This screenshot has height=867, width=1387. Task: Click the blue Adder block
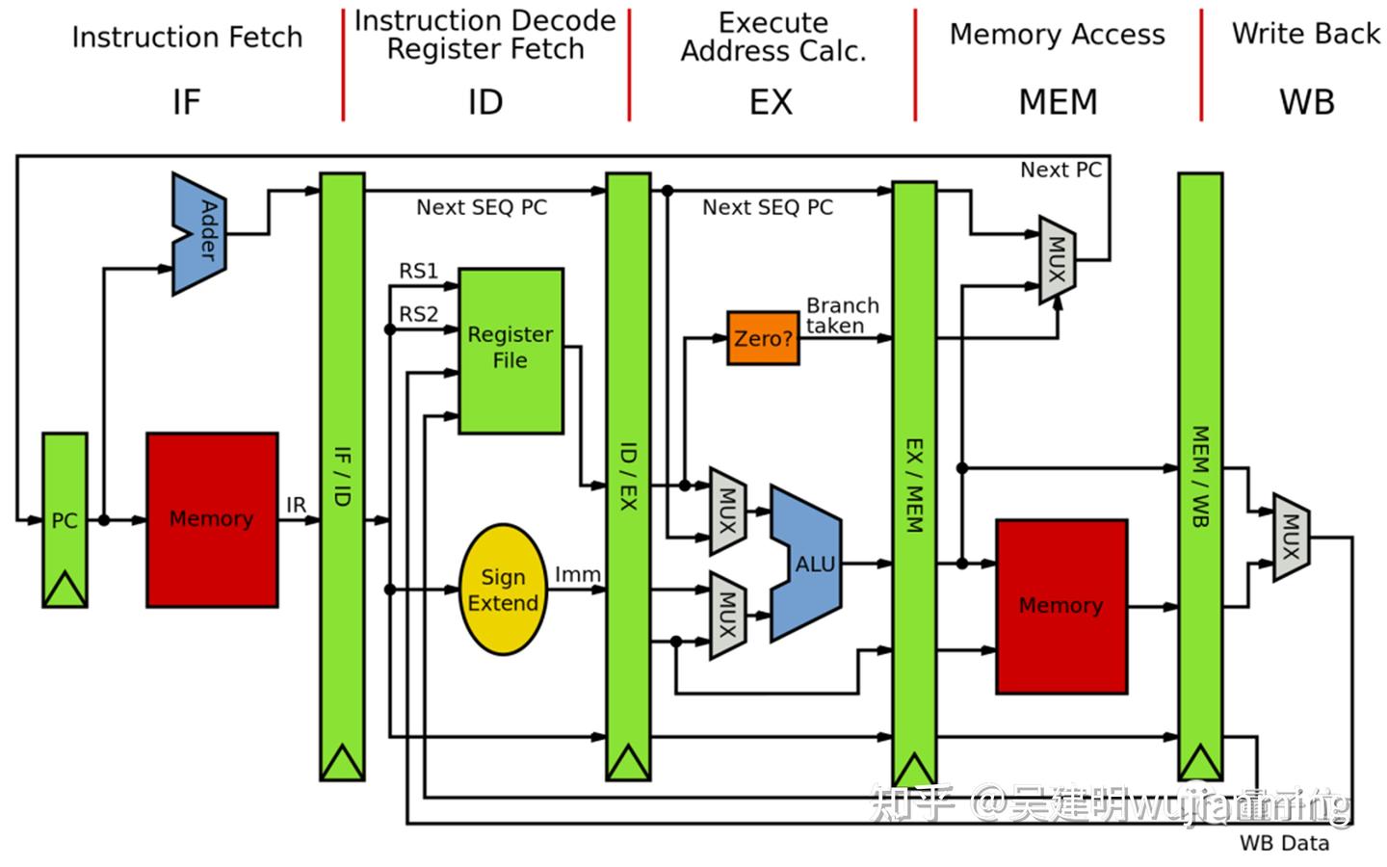point(200,233)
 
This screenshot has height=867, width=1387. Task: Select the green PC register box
point(65,519)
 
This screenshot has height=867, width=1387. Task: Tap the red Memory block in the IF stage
point(212,519)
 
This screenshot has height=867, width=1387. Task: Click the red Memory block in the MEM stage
point(1060,606)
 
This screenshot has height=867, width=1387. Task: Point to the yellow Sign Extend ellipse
point(503,590)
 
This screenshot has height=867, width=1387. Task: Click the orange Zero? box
point(763,338)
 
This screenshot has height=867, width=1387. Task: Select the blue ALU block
point(807,564)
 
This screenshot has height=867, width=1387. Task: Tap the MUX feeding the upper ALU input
point(728,511)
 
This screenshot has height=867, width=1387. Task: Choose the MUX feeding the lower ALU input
point(728,615)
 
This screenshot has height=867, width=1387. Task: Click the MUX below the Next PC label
point(1058,260)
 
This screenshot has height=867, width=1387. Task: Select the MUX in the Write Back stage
point(1292,537)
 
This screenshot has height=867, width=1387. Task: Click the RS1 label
point(419,272)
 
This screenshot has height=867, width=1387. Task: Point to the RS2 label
point(419,314)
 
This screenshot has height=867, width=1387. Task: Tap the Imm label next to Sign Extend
point(578,574)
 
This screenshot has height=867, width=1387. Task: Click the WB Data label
point(1284,843)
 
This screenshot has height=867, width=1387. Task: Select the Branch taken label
point(842,315)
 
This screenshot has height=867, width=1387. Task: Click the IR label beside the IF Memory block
point(296,505)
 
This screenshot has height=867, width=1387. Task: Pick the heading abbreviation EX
point(771,102)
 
